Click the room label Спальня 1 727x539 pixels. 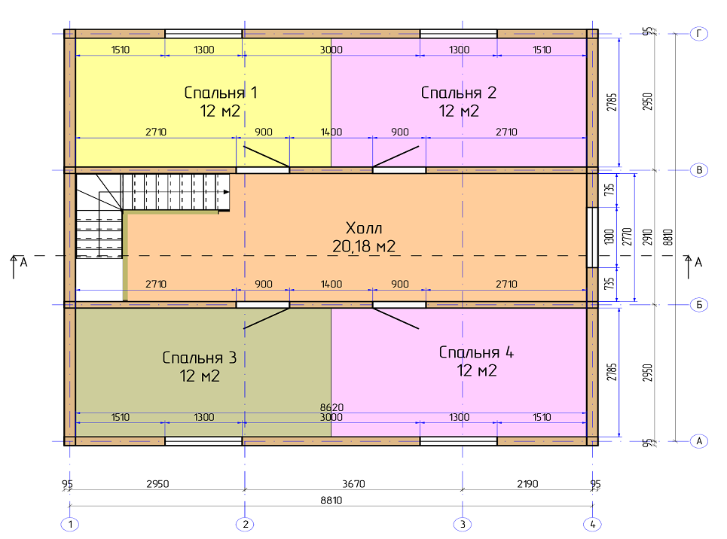pos(220,93)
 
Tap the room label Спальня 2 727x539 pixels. pos(459,93)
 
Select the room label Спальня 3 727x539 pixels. pos(200,358)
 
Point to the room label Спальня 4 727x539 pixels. pos(476,352)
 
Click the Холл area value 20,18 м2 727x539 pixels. pos(364,246)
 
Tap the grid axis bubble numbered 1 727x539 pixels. pos(70,525)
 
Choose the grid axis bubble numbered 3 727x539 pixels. pos(463,525)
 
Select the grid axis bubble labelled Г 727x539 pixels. pos(699,33)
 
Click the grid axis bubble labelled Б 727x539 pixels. pos(699,305)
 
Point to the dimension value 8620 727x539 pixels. pos(331,407)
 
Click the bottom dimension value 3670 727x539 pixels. pos(353,484)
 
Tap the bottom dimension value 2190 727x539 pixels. pos(527,484)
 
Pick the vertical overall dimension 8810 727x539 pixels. pos(667,237)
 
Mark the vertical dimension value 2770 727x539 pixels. pos(627,237)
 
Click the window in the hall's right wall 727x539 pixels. pos(592,237)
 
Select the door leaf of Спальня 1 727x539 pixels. pos(267,157)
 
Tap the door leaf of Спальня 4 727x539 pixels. pos(396,318)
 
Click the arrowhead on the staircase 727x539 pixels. pos(226,192)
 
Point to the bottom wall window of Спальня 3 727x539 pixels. pos(203,440)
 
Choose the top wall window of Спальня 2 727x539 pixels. pos(459,34)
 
